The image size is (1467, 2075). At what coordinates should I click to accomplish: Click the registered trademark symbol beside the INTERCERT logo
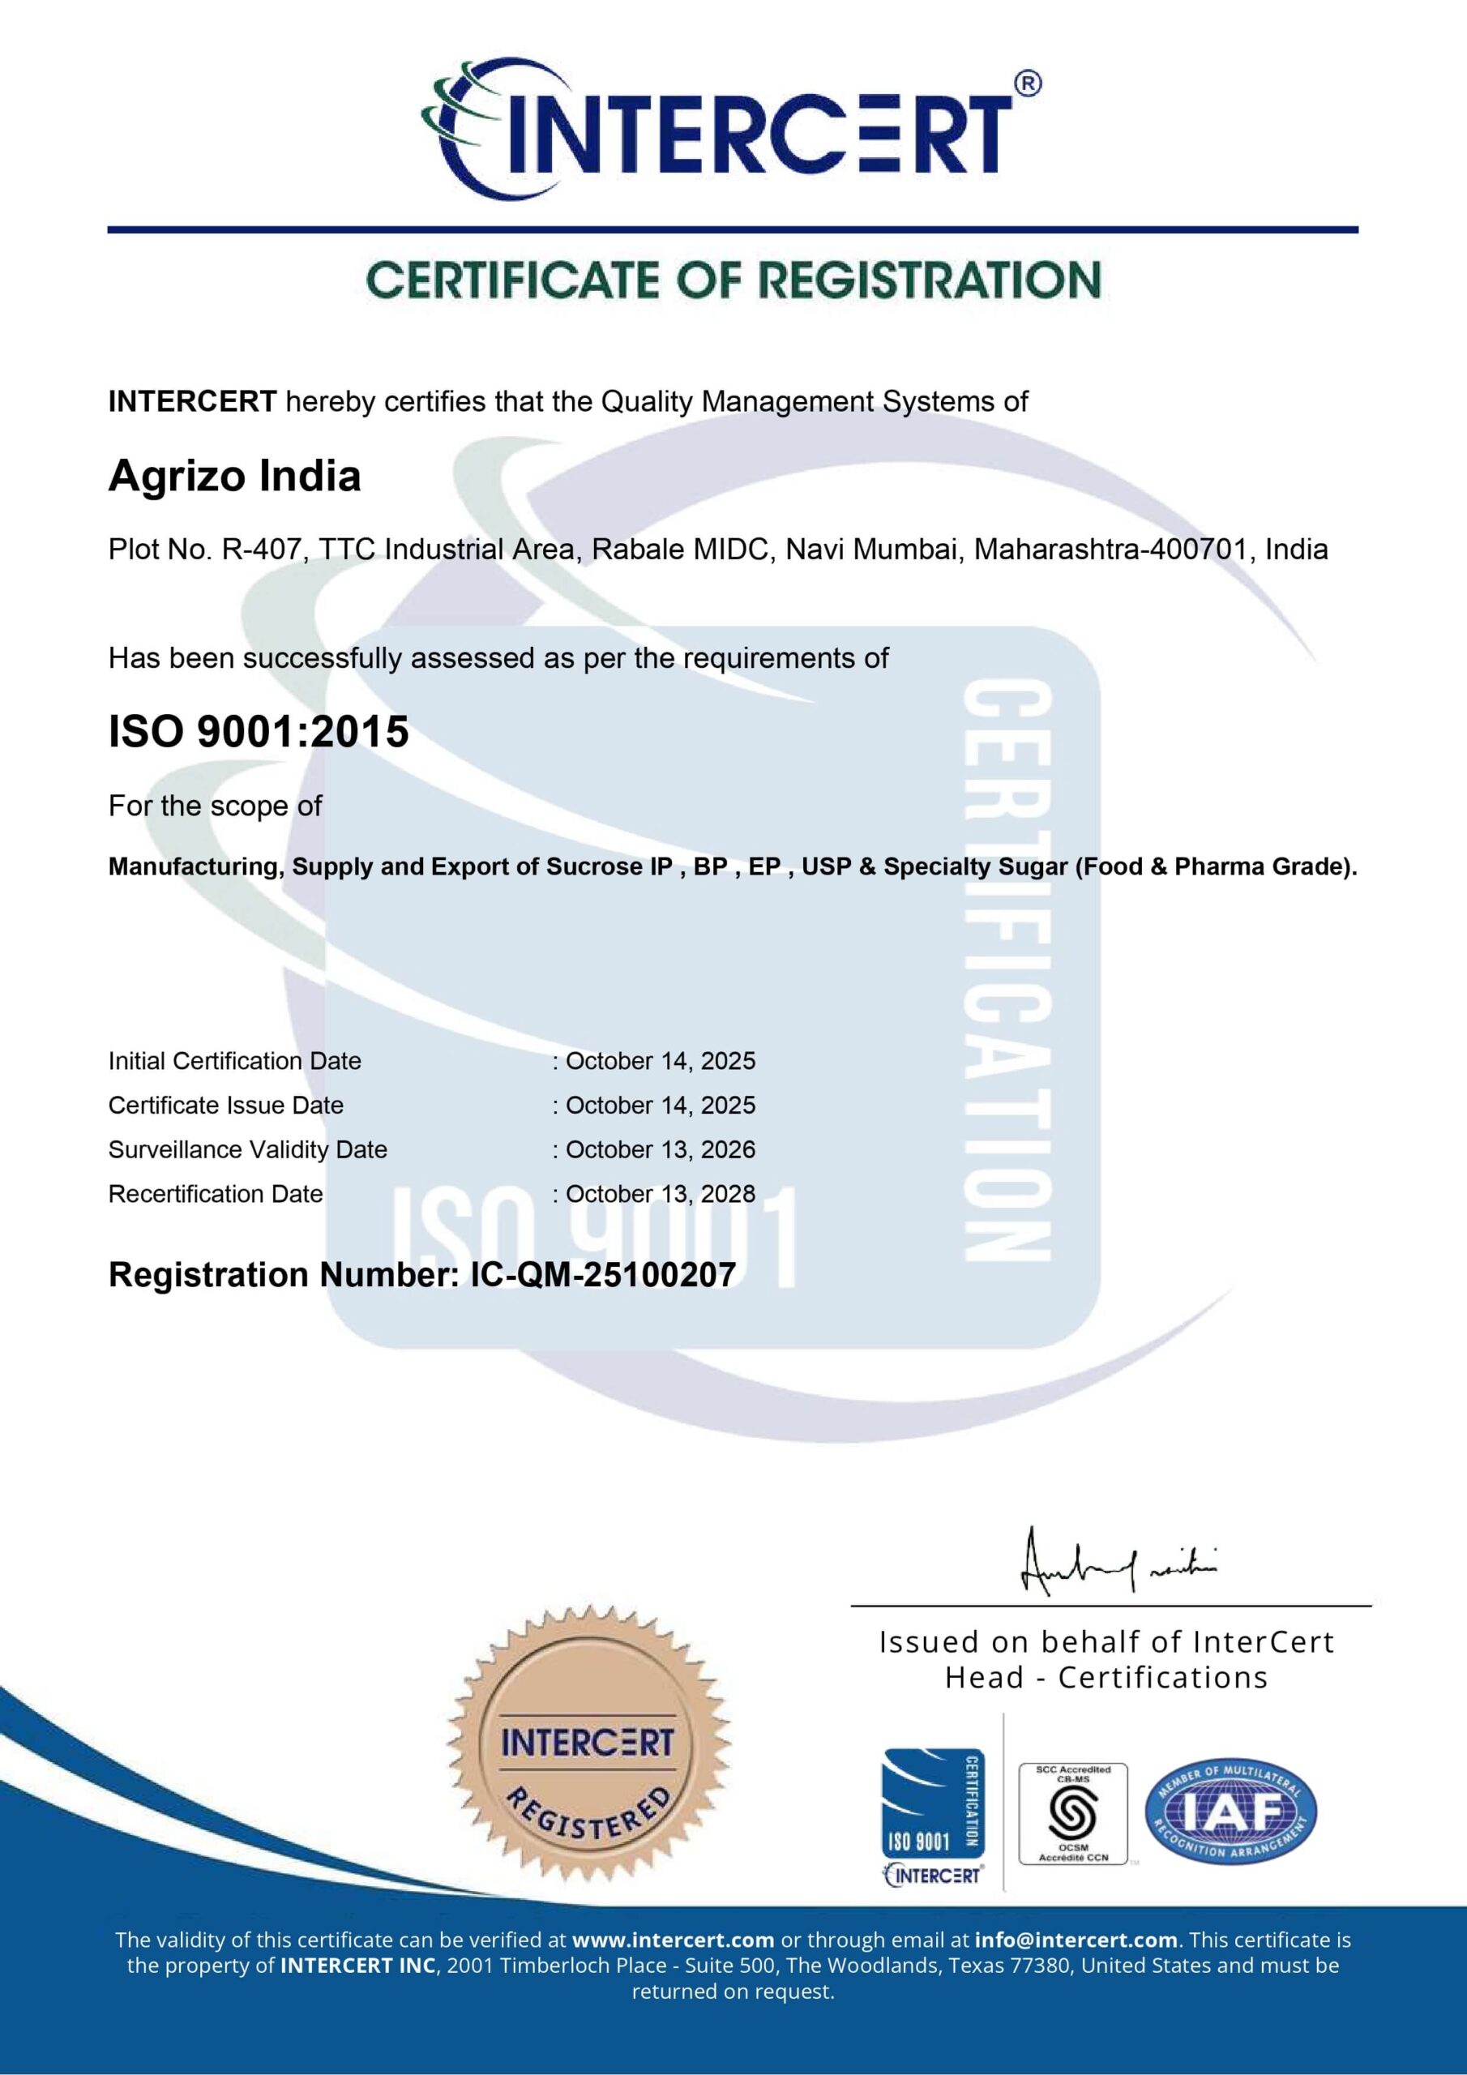[1028, 83]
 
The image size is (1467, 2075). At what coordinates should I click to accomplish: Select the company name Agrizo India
[234, 477]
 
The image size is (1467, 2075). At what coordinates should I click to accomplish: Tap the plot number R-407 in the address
[261, 550]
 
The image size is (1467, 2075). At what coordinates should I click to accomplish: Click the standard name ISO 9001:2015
[259, 732]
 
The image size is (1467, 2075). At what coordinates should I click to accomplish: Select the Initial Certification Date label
[234, 1061]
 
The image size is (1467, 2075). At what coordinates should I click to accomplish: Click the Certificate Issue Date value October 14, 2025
[660, 1106]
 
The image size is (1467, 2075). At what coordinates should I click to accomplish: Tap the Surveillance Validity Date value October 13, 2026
[660, 1149]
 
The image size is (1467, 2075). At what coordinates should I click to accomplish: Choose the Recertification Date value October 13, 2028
[660, 1194]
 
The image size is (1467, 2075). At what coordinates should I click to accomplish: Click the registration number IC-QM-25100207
[603, 1275]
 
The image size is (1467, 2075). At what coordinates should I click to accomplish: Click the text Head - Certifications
[1106, 1679]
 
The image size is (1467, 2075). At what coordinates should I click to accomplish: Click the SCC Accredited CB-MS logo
[1073, 1813]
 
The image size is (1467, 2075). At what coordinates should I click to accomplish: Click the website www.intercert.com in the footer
[674, 1940]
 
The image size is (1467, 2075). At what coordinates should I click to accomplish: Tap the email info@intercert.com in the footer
[1076, 1940]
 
